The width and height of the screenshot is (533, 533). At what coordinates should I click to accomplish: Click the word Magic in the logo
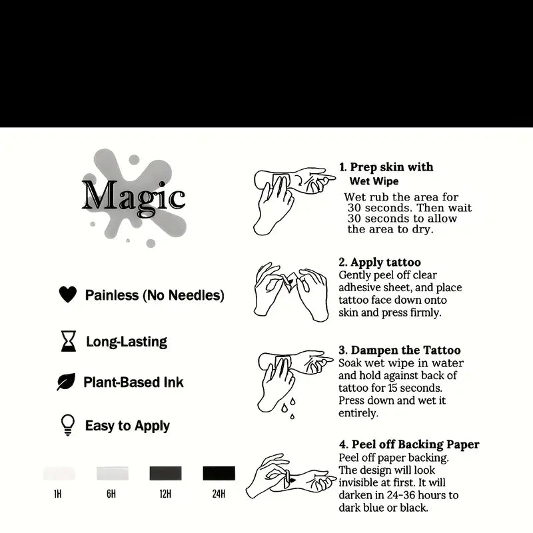134,197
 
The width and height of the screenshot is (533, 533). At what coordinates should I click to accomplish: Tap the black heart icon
68,294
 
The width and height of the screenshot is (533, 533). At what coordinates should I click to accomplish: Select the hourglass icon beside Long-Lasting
69,341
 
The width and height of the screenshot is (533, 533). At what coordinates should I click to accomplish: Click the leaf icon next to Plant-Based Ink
66,382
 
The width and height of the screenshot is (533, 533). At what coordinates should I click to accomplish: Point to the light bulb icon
68,424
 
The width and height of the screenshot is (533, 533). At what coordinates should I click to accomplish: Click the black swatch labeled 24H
219,473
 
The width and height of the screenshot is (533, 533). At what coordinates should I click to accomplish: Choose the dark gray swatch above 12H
165,473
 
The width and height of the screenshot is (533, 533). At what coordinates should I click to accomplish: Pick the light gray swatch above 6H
113,473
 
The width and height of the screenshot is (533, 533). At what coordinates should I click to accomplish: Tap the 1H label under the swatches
58,494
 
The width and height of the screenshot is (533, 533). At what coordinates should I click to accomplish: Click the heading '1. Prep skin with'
386,167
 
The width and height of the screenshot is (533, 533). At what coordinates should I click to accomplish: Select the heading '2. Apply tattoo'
380,262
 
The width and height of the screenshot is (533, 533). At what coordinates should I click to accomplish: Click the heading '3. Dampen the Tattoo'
400,350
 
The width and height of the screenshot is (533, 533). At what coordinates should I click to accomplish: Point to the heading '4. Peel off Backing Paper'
409,444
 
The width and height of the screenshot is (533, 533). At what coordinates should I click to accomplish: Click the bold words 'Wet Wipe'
374,181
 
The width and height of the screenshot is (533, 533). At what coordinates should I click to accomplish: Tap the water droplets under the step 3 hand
288,408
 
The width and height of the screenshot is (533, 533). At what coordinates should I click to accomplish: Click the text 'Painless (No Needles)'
155,295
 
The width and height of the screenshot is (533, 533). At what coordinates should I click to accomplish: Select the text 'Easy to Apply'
127,426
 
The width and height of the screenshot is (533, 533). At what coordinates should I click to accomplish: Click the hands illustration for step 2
291,291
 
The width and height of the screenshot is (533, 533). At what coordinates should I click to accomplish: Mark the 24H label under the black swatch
219,494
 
